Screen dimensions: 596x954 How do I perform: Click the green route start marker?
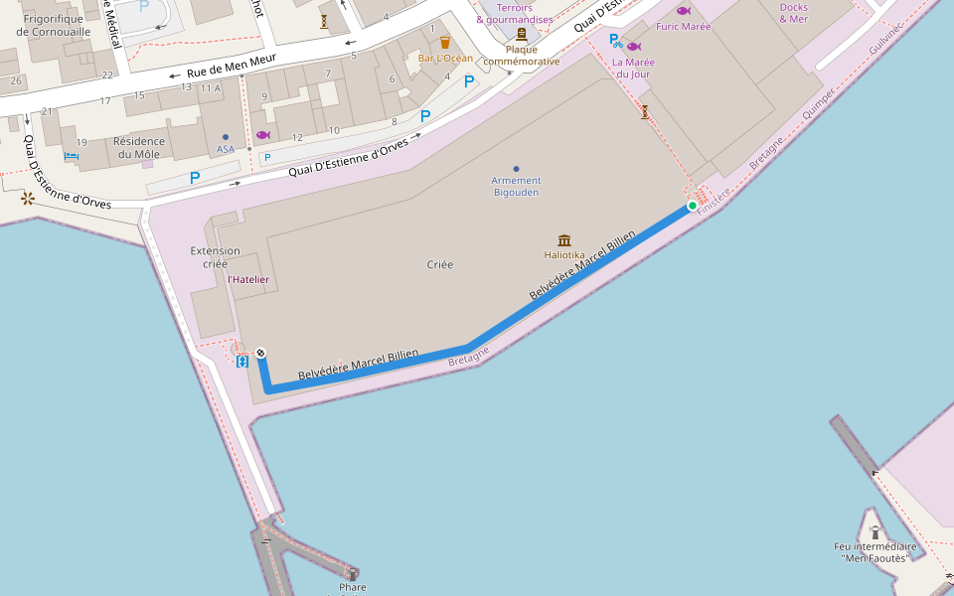tap(693, 206)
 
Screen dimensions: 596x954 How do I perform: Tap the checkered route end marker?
tap(260, 353)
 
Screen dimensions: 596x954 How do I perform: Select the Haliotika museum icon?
tap(564, 240)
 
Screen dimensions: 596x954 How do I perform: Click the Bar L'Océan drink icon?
tap(445, 43)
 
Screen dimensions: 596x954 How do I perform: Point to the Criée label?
tap(439, 264)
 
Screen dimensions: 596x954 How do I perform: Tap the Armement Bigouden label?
tap(517, 186)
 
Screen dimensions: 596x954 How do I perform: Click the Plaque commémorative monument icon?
tap(521, 34)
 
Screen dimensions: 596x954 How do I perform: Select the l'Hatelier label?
tap(247, 280)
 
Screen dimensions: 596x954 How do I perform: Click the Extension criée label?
tap(216, 257)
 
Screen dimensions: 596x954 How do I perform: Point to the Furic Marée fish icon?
tap(683, 11)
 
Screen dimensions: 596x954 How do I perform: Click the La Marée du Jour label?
tap(633, 68)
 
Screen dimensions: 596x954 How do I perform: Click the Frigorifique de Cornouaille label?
tap(54, 25)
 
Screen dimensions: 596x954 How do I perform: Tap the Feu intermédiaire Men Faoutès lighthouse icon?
tap(874, 532)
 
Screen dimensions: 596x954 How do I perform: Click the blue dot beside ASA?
tap(226, 136)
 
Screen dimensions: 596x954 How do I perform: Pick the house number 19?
tap(81, 143)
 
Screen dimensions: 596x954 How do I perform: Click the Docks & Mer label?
tap(793, 13)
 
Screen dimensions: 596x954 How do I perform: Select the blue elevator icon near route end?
tap(241, 362)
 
